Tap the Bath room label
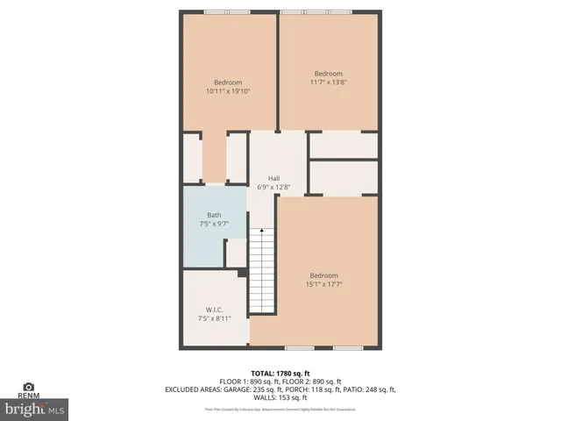point(214,215)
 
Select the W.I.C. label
point(214,310)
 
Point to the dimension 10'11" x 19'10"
point(228,90)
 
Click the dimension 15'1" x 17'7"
point(323,283)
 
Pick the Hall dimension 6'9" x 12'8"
point(273,187)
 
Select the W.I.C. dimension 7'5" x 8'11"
point(214,318)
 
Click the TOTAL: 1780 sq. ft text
point(280,374)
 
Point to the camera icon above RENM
point(28,386)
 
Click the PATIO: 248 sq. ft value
point(372,389)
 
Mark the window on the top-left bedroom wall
point(226,11)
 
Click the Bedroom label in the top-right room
point(329,74)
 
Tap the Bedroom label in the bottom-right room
point(323,275)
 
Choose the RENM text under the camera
point(28,396)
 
